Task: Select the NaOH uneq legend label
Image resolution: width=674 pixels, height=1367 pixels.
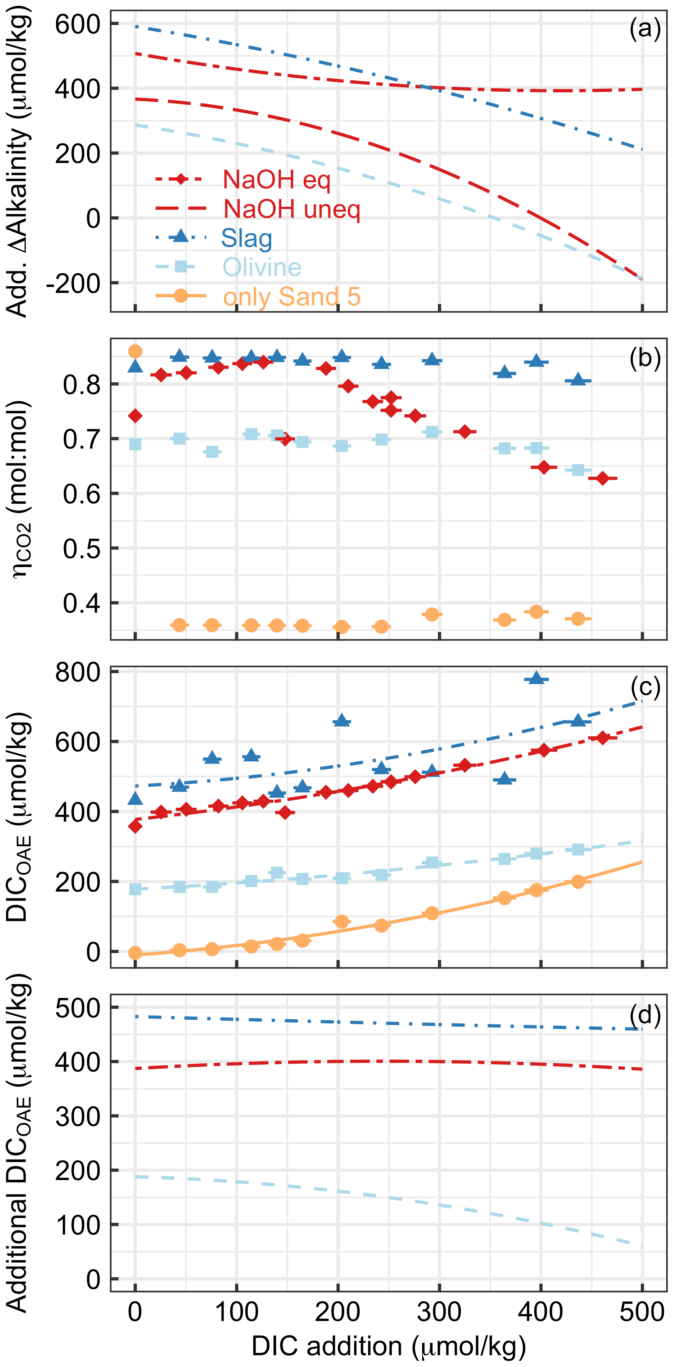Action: tap(292, 209)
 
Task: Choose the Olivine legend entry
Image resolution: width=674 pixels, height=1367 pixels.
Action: tap(262, 266)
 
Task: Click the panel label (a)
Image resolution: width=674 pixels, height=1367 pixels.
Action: tap(644, 28)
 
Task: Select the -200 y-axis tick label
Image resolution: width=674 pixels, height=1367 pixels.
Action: tap(73, 283)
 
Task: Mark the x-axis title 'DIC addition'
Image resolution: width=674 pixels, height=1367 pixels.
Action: tap(388, 1346)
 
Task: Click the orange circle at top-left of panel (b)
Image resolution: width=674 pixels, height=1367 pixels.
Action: tap(135, 351)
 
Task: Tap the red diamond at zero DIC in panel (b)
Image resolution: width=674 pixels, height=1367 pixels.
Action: tap(135, 415)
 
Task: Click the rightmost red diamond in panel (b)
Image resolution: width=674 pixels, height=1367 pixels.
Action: tap(602, 478)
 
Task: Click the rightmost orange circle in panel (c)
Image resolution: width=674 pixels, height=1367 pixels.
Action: tap(578, 881)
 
